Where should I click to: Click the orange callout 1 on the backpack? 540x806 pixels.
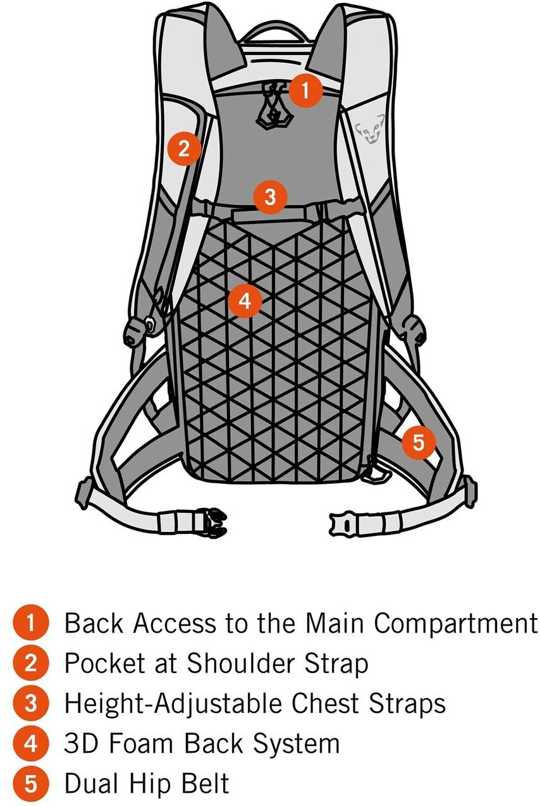305,91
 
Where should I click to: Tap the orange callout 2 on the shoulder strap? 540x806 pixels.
183,149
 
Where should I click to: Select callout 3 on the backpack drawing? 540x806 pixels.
270,197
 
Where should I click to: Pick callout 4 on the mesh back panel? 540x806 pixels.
245,301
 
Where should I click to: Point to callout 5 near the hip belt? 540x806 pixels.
419,442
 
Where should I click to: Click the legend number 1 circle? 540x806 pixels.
30,623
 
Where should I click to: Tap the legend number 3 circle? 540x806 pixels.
30,703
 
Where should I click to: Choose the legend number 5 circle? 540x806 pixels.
30,784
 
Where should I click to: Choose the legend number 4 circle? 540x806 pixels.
30,743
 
